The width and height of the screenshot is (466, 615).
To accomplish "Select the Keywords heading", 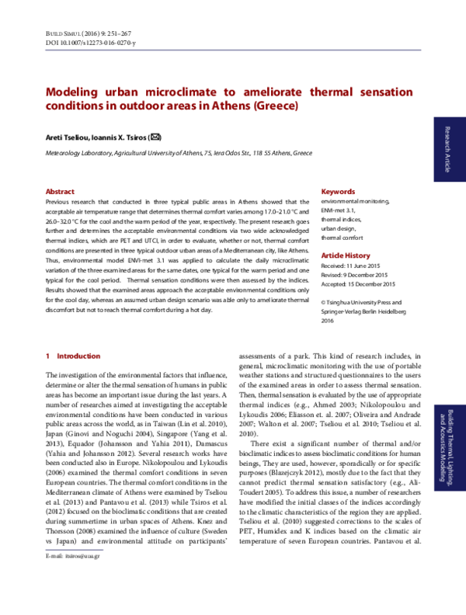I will click(338, 191).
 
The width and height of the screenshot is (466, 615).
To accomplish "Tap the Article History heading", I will click(346, 255).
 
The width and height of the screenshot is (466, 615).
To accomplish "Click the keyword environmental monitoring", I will click(361, 200).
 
